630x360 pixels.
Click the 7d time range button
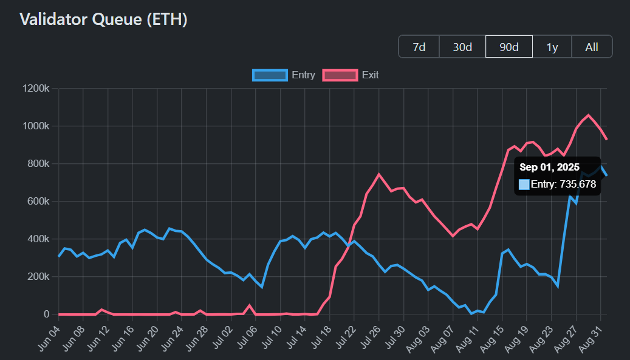[x=419, y=47]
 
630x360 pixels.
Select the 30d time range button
[x=462, y=47]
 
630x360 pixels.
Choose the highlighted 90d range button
[x=509, y=47]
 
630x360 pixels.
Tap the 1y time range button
[x=552, y=47]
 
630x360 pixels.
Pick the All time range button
[x=592, y=47]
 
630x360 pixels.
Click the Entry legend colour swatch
[x=270, y=75]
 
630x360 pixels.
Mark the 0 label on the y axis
[x=46, y=314]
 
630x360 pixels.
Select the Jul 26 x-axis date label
[x=369, y=338]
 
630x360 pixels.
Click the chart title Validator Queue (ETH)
[x=103, y=19]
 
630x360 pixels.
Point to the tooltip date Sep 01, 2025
[x=549, y=167]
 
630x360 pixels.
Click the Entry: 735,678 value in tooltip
[x=563, y=184]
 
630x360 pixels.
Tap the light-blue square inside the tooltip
[x=524, y=184]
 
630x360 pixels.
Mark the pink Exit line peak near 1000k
[x=587, y=115]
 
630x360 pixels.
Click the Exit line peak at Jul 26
[x=379, y=174]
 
